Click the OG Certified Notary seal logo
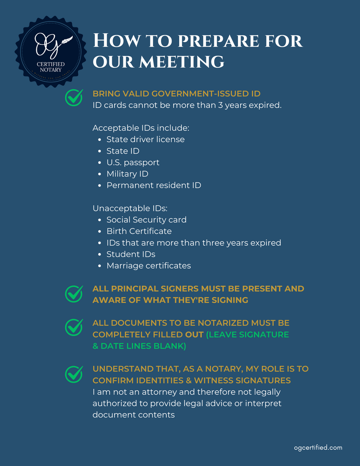point(51,51)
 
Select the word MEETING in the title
point(181,62)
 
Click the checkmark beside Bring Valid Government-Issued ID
point(74,97)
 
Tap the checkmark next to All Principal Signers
point(74,293)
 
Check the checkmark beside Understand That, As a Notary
point(74,374)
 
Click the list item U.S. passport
point(133,162)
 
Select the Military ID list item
point(127,174)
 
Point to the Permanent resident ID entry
point(154,185)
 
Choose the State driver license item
point(146,140)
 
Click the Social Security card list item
point(146,220)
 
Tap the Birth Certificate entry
point(139,231)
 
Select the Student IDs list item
point(131,254)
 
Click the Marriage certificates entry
point(149,266)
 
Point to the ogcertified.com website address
point(318,447)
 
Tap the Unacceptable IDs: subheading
point(130,208)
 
